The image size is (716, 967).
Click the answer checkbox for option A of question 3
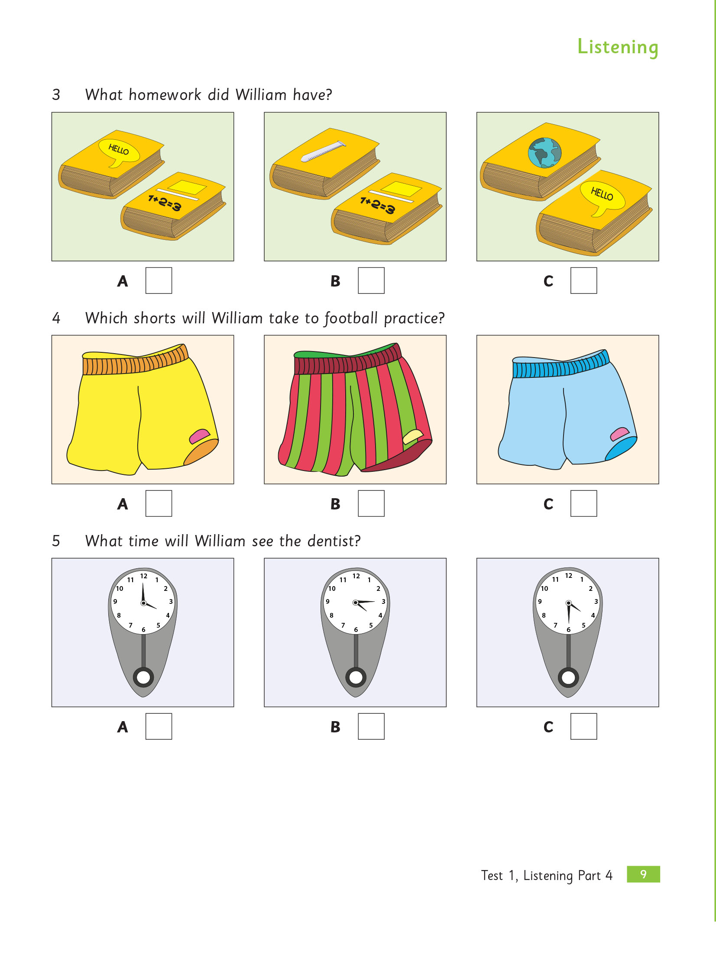pyautogui.click(x=159, y=280)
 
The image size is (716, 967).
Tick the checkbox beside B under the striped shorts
pyautogui.click(x=371, y=503)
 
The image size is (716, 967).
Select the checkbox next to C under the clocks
pyautogui.click(x=583, y=726)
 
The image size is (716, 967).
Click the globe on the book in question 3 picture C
pyautogui.click(x=545, y=153)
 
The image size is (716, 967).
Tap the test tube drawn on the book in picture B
pyautogui.click(x=323, y=151)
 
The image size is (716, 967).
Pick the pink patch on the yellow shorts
pyautogui.click(x=199, y=435)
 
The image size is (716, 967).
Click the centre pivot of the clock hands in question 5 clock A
pyautogui.click(x=143, y=603)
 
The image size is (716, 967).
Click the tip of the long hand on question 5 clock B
pyautogui.click(x=375, y=601)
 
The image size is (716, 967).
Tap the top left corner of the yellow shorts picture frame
pyautogui.click(x=52, y=335)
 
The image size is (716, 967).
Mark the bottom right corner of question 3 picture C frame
pyautogui.click(x=659, y=261)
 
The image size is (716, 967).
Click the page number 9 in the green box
pyautogui.click(x=643, y=874)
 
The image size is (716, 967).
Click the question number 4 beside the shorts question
pyautogui.click(x=56, y=318)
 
